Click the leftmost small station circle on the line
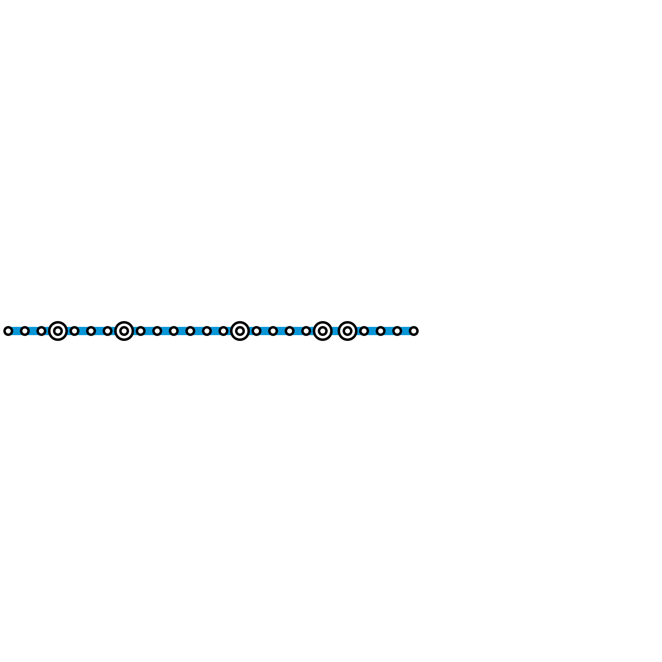tap(8, 331)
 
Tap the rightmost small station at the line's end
tap(414, 331)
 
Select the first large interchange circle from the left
tap(58, 331)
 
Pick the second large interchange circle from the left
tap(124, 331)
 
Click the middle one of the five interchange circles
tap(240, 331)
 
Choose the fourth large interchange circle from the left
tap(323, 331)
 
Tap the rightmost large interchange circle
tap(348, 331)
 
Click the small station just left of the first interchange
tap(41, 331)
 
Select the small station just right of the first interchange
tap(74, 331)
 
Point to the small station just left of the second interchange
tap(108, 331)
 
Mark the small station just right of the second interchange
tap(141, 331)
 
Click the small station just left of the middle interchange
tap(223, 331)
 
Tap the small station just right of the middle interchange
tap(257, 331)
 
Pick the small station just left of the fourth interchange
tap(306, 331)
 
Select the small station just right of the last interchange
tap(364, 331)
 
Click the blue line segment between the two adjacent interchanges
tap(335, 331)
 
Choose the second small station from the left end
tap(25, 331)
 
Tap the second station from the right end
tap(397, 331)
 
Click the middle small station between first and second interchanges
tap(91, 331)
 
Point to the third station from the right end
tap(381, 331)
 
